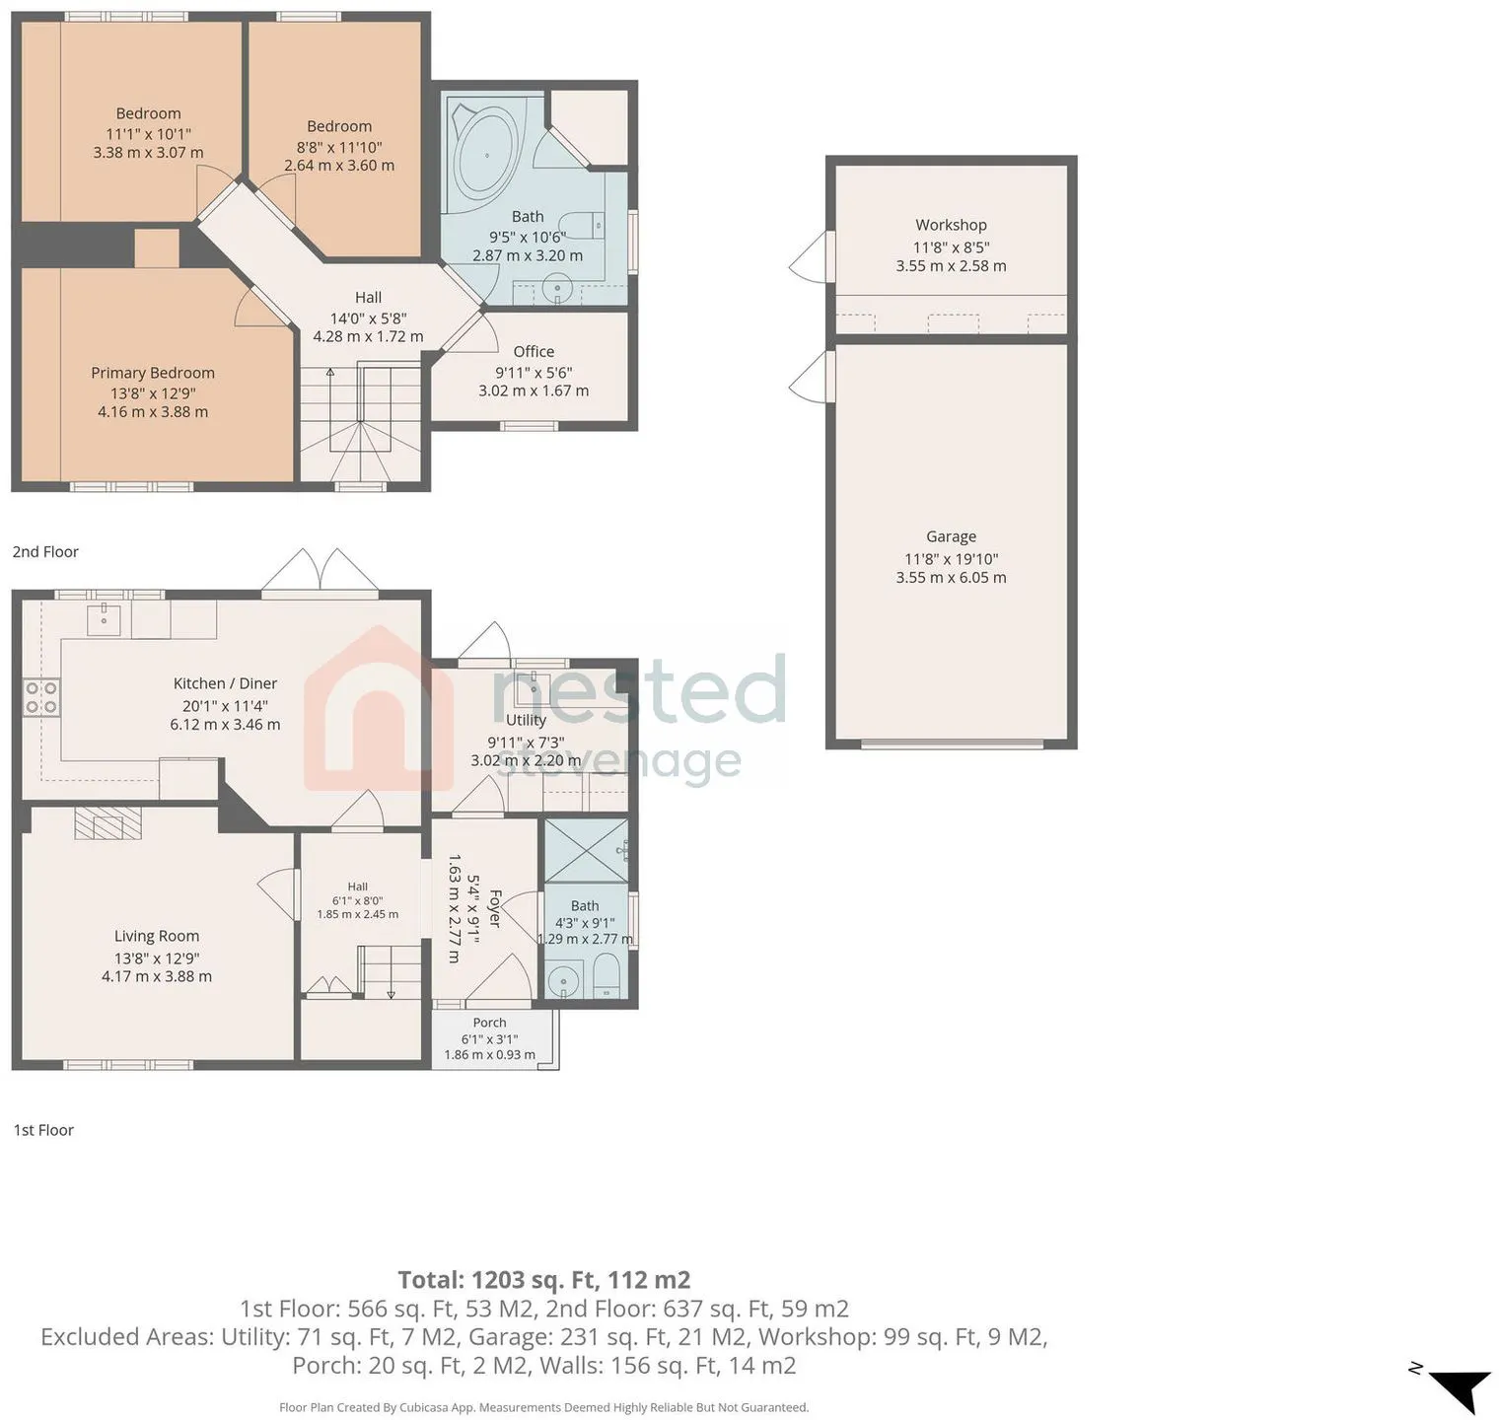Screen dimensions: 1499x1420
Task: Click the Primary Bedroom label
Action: [x=153, y=373]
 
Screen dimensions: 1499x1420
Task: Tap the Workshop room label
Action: [x=951, y=225]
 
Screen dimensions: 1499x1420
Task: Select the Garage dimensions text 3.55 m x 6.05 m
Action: [x=951, y=578]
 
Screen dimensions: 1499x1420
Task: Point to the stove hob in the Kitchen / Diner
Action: [x=41, y=697]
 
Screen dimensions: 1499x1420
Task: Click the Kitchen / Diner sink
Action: [x=104, y=619]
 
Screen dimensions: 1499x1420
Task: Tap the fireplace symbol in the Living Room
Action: [x=108, y=823]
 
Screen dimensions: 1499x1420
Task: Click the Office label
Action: [x=534, y=352]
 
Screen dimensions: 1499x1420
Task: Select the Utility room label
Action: [x=526, y=720]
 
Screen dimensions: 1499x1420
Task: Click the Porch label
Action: [x=489, y=1023]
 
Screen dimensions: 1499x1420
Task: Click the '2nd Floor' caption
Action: [x=45, y=552]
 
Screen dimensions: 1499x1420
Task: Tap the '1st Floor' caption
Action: [x=43, y=1130]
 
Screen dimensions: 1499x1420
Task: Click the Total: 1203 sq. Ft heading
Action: [x=544, y=1280]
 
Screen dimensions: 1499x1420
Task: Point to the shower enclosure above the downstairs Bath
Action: [x=586, y=850]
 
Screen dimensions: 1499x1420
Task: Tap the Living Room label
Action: [x=157, y=936]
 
